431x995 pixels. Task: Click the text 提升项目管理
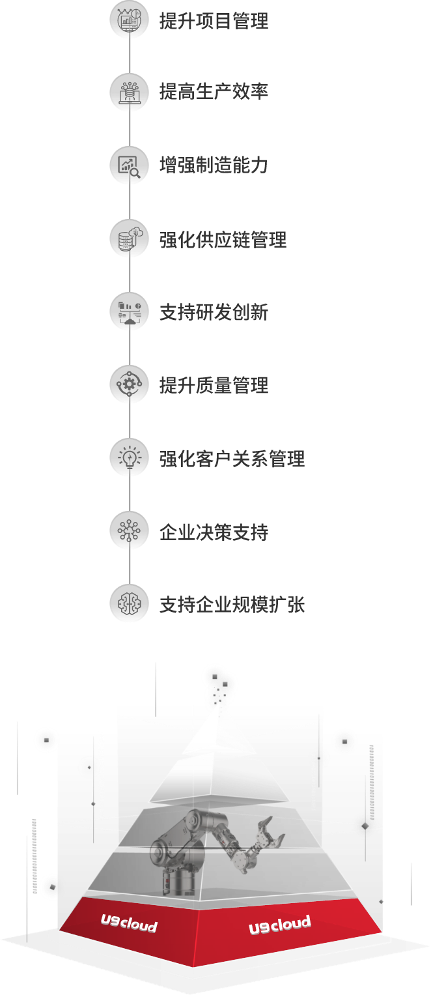(214, 20)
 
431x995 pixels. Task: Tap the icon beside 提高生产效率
(129, 92)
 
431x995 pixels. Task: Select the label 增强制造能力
(214, 166)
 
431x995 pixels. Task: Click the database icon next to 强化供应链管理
(129, 238)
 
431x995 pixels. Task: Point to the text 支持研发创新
(214, 312)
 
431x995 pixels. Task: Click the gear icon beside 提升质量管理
(129, 385)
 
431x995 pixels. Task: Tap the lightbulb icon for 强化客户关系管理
(129, 459)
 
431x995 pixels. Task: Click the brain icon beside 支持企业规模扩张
(129, 604)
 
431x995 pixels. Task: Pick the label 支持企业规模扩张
(232, 605)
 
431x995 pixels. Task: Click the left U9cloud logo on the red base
(129, 923)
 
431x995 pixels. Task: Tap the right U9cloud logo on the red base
(279, 925)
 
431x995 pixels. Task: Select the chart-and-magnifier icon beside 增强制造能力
(129, 166)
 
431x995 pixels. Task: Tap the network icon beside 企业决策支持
(129, 532)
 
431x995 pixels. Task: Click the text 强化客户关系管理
(232, 459)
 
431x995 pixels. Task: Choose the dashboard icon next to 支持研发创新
(129, 312)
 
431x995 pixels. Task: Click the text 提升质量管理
(214, 385)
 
